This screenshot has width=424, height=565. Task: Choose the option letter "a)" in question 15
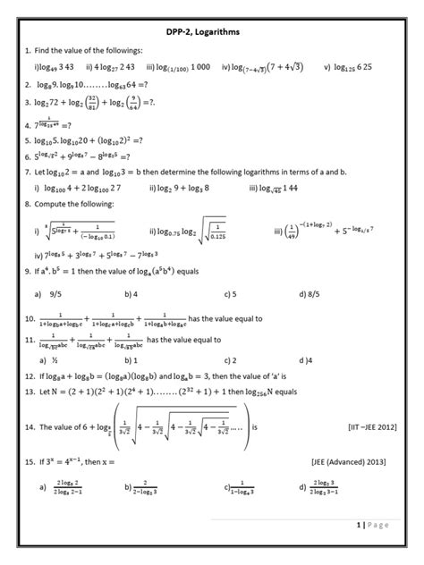[42, 488]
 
